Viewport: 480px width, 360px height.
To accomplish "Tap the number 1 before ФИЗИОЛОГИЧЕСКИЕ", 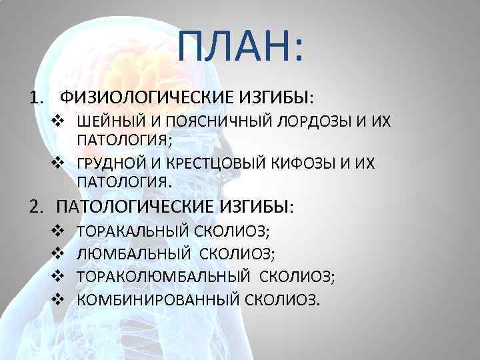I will [33, 99].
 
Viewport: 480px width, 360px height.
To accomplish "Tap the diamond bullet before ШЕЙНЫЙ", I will [59, 122].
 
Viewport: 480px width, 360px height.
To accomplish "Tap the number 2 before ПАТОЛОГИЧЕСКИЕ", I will [33, 206].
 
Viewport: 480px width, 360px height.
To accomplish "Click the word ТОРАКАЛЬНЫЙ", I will [135, 232].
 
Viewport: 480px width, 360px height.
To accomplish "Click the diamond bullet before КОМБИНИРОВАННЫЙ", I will [57, 299].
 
